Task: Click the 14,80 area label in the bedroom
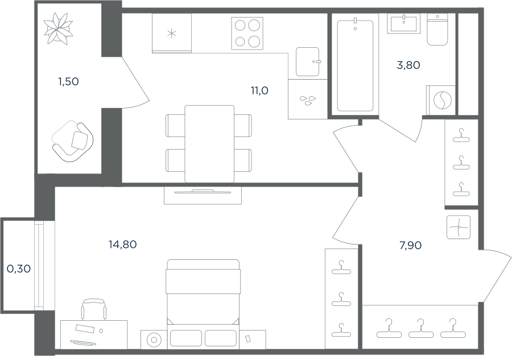[x=122, y=244]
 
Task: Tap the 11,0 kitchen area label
[x=259, y=90]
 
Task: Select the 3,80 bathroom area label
[x=408, y=65]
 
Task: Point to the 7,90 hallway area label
[x=410, y=245]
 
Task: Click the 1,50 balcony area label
[x=69, y=81]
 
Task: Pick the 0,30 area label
[x=19, y=268]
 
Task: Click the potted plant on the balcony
[x=58, y=29]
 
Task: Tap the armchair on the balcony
[x=73, y=141]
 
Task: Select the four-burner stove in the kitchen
[x=247, y=34]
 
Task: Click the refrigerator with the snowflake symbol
[x=172, y=33]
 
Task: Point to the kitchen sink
[x=308, y=61]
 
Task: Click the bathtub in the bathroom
[x=355, y=65]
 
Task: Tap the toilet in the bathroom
[x=437, y=30]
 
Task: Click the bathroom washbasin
[x=404, y=23]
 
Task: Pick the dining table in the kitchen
[x=209, y=144]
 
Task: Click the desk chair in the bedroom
[x=94, y=309]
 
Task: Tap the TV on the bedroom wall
[x=203, y=192]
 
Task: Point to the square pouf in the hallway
[x=459, y=227]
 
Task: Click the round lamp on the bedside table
[x=154, y=340]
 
